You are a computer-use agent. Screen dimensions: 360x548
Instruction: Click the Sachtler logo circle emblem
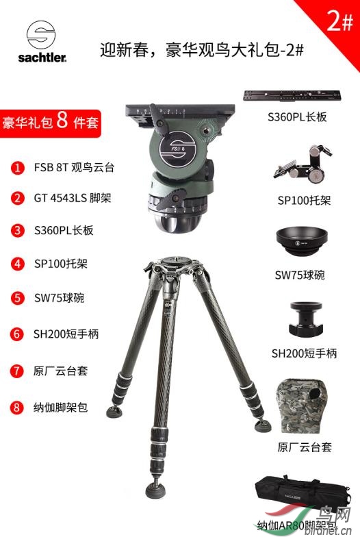pyautogui.click(x=41, y=35)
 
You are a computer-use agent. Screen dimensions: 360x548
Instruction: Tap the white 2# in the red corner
pyautogui.click(x=340, y=21)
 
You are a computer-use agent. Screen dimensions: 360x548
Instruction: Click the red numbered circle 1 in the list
pyautogui.click(x=18, y=168)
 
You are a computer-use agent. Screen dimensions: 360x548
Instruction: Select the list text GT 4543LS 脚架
pyautogui.click(x=73, y=198)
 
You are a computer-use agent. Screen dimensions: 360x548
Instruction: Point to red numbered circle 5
pyautogui.click(x=18, y=299)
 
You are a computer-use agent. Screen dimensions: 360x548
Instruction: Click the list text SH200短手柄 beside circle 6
pyautogui.click(x=66, y=334)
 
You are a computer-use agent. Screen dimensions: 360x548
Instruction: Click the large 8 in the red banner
pyautogui.click(x=62, y=121)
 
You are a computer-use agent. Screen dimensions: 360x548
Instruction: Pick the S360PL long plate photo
pyautogui.click(x=292, y=96)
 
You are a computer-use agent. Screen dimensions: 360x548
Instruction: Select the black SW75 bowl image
pyautogui.click(x=302, y=242)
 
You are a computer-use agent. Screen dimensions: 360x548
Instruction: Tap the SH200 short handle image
pyautogui.click(x=306, y=319)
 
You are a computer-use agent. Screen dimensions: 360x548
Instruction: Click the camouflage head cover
pyautogui.click(x=303, y=406)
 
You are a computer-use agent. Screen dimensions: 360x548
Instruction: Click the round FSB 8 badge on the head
pyautogui.click(x=177, y=148)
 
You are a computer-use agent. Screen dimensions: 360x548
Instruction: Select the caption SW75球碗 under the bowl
pyautogui.click(x=300, y=275)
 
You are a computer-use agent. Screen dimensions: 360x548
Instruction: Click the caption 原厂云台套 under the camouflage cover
pyautogui.click(x=305, y=447)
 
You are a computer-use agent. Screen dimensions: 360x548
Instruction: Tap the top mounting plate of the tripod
pyautogui.click(x=173, y=260)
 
